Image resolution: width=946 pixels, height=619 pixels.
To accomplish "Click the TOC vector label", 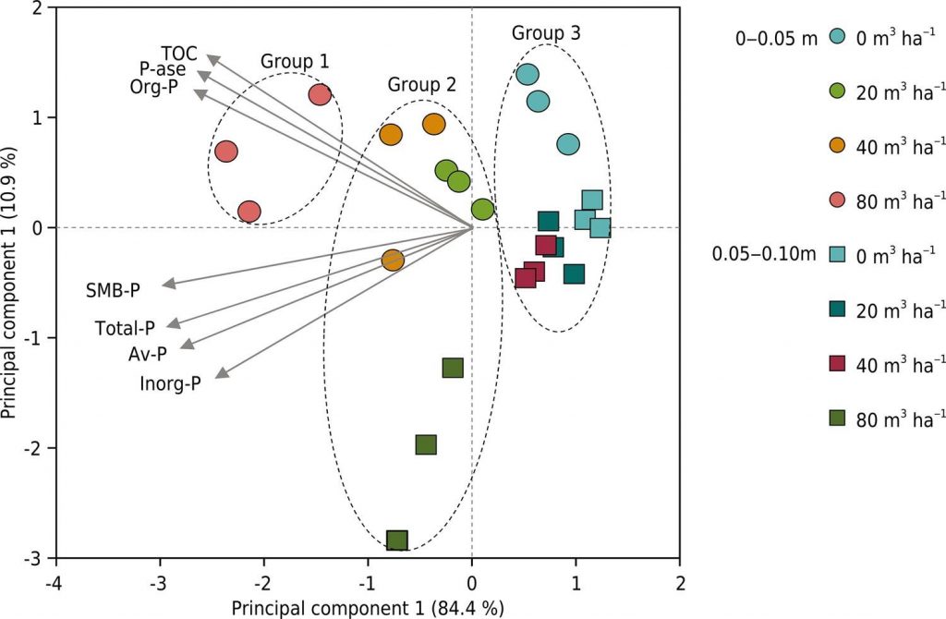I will pos(178,52).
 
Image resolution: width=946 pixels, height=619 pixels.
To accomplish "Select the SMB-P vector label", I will pos(114,291).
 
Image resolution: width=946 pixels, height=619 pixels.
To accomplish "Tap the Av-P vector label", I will pos(148,354).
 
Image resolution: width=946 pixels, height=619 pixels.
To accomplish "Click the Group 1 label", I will pos(294,62).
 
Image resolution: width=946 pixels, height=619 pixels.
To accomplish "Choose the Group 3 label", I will pos(546,33).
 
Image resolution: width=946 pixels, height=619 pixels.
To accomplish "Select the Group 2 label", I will pos(421,85).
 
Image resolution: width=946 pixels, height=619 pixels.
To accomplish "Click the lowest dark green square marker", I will pos(396,540).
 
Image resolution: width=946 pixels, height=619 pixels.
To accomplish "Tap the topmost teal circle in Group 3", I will pos(527,75).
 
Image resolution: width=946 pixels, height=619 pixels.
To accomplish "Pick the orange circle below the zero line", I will pos(393,261).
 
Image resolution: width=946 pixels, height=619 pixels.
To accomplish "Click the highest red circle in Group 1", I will pos(320,94).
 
